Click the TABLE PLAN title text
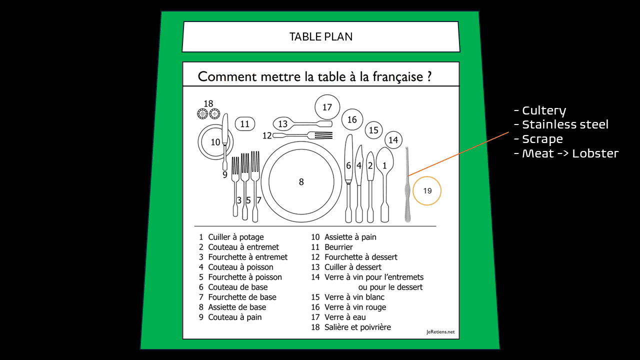pos(321,37)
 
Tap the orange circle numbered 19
pos(427,177)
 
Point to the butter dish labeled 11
pos(245,124)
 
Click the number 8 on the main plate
pos(301,182)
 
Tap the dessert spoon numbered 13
pos(303,123)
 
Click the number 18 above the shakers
pos(208,103)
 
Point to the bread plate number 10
pos(215,142)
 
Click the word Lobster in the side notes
pos(595,153)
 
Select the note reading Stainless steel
pos(565,124)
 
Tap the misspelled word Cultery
pos(544,111)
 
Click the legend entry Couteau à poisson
pos(240,267)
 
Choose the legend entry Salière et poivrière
pos(357,327)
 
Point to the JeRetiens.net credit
pos(440,332)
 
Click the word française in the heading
pos(398,76)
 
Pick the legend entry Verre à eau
pos(345,317)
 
